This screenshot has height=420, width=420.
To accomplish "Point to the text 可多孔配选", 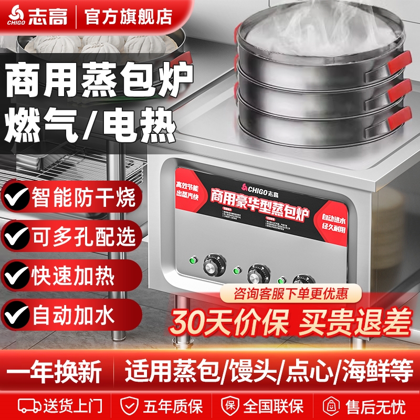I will point(84,237).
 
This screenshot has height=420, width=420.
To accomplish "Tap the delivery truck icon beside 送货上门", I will point(29,406).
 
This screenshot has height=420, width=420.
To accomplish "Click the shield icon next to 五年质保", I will point(129,406).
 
